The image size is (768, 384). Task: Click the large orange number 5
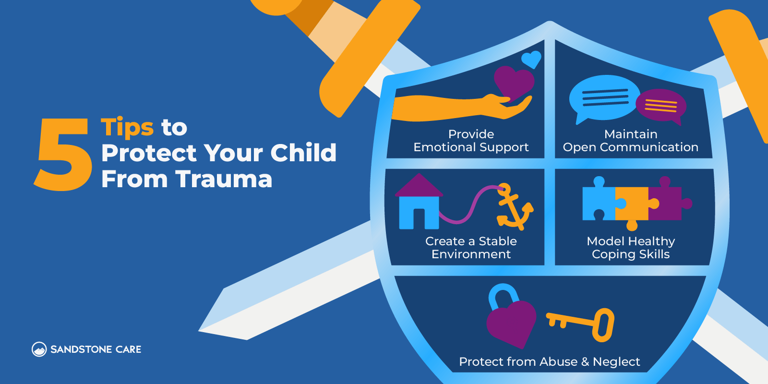[x=62, y=155]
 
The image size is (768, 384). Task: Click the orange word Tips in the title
[x=127, y=128]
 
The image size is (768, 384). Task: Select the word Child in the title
[x=303, y=153]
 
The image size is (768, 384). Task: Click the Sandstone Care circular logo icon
[x=39, y=349]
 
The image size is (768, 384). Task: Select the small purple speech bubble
[x=661, y=106]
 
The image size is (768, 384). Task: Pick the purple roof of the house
[x=419, y=186]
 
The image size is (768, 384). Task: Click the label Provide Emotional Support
[x=471, y=141]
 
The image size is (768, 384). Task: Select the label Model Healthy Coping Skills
[x=631, y=248]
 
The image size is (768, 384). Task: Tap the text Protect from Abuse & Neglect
[x=549, y=362]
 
